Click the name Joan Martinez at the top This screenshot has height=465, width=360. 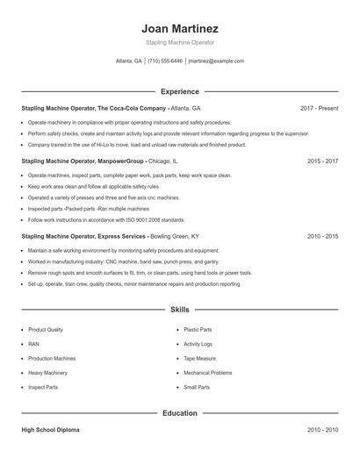coord(180,28)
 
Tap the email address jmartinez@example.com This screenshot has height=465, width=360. coord(216,61)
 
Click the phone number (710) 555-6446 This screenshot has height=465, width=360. coord(165,61)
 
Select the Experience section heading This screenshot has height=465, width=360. coord(180,91)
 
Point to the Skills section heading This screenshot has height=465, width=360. coord(180,310)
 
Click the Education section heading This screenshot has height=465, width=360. coord(180,412)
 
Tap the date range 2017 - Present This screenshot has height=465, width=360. coord(319,108)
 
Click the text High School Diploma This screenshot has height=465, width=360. coord(51,430)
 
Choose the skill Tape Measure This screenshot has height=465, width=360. coord(199,358)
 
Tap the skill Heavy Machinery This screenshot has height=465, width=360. coord(47,372)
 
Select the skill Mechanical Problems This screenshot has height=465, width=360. coord(208,372)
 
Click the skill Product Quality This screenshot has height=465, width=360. coord(46,329)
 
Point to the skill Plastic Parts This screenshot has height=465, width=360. coord(198,329)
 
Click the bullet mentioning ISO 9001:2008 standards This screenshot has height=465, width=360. coord(106,220)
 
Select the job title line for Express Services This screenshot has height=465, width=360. coord(110,236)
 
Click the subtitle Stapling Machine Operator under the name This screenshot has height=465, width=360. coord(180,42)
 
